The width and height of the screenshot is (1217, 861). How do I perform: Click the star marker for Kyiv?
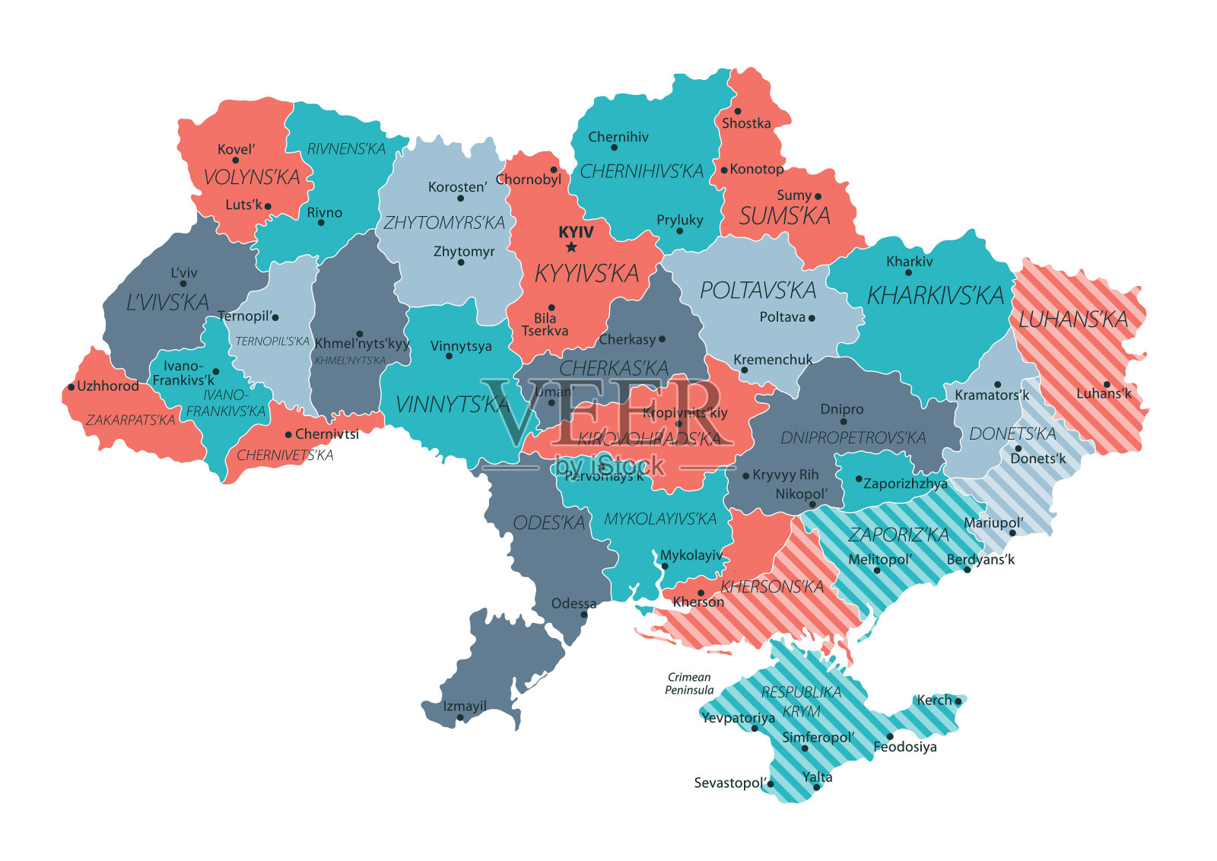[571, 247]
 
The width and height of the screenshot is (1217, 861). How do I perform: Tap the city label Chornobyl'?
[529, 180]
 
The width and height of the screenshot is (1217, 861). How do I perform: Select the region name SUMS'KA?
[785, 217]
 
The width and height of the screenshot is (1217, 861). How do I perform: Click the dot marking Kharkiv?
[908, 272]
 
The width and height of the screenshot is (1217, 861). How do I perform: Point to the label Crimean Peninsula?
[689, 683]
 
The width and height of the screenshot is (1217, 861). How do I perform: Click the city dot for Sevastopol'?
[771, 783]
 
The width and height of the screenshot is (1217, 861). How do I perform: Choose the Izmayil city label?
[465, 706]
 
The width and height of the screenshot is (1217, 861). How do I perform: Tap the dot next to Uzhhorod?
[71, 387]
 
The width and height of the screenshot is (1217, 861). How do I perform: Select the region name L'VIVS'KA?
[167, 303]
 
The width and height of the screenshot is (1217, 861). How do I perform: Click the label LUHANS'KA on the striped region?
[1073, 319]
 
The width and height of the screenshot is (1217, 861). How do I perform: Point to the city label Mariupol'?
[993, 523]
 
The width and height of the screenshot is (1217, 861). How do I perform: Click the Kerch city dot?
[958, 701]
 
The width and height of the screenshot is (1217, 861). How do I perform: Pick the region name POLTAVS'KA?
[758, 291]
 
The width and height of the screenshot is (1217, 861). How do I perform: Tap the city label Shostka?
[746, 123]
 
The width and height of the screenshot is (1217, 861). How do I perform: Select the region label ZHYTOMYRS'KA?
[444, 223]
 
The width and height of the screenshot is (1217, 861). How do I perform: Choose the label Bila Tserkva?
[545, 325]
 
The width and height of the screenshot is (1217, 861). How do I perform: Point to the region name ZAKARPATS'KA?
[131, 420]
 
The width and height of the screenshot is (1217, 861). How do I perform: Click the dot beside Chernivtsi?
[288, 435]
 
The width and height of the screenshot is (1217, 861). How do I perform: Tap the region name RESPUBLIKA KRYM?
[801, 701]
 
